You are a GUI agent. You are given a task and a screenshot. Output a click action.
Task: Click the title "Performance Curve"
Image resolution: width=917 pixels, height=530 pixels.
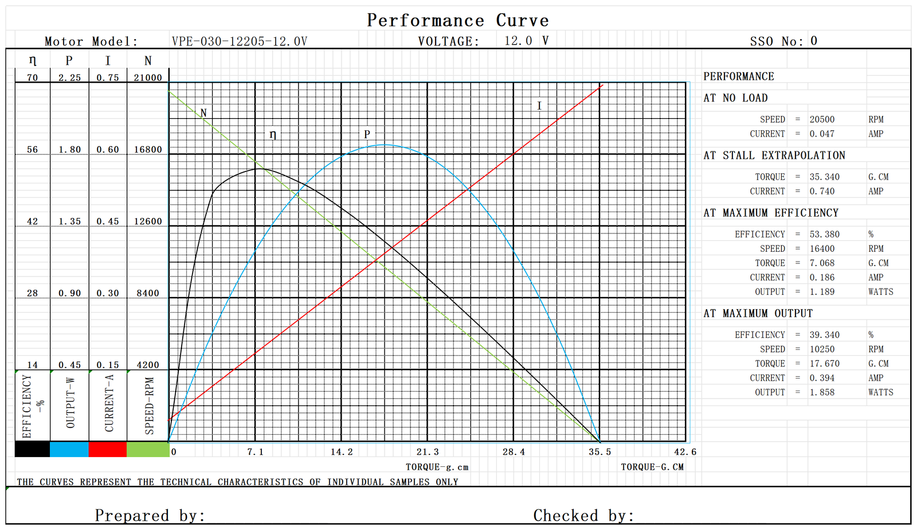pos(457,21)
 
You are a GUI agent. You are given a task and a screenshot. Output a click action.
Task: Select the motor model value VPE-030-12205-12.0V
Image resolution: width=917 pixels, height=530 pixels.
pos(239,41)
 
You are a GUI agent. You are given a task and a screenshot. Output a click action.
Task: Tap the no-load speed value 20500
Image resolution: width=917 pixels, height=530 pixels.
pos(822,119)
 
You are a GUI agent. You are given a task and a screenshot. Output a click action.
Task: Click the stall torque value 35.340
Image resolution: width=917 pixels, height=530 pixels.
pos(824,177)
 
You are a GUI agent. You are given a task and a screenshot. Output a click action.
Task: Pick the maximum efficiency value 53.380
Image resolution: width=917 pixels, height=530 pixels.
pos(824,234)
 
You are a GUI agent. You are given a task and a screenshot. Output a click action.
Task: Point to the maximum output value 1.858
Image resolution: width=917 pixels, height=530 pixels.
pos(822,392)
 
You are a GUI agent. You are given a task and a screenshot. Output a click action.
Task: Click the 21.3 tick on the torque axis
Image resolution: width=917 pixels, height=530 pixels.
pos(428,452)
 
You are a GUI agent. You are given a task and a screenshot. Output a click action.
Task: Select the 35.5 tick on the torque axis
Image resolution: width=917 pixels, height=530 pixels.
pos(599,452)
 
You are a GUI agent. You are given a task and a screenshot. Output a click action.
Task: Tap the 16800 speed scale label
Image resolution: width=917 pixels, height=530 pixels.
pos(148,150)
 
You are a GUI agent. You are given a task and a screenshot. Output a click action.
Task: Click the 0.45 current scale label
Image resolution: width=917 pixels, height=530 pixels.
pos(108,221)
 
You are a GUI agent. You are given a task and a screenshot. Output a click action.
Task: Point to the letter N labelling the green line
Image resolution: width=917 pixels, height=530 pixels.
pos(203,113)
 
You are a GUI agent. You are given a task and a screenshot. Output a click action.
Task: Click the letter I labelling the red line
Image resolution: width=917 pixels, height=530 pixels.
pos(539,106)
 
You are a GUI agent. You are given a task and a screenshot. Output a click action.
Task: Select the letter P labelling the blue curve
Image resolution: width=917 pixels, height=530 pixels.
pos(367,134)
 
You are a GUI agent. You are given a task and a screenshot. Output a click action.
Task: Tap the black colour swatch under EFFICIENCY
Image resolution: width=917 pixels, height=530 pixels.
pos(32,449)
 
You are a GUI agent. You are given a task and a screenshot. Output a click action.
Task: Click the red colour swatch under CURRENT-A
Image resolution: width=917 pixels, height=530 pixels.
pos(107,449)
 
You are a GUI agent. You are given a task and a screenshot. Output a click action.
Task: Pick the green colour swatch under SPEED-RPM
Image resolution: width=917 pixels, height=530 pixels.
pos(147,449)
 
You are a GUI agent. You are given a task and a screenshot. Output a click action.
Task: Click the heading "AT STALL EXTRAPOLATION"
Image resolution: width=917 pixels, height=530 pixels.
pos(774,155)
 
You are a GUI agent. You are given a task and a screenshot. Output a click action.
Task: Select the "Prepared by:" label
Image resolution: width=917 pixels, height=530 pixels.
pos(150,515)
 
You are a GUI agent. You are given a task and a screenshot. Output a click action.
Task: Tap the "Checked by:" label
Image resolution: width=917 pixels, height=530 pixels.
pos(583,515)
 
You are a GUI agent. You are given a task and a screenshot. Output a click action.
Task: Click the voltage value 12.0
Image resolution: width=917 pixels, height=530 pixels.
pos(518,41)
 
